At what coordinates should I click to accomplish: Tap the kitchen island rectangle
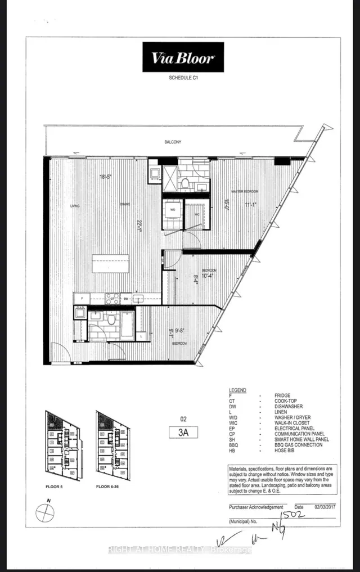tap(110, 263)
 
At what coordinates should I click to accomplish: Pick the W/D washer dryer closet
tap(172, 213)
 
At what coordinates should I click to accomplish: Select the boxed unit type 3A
tap(181, 432)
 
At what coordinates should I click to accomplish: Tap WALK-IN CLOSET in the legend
tap(306, 424)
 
